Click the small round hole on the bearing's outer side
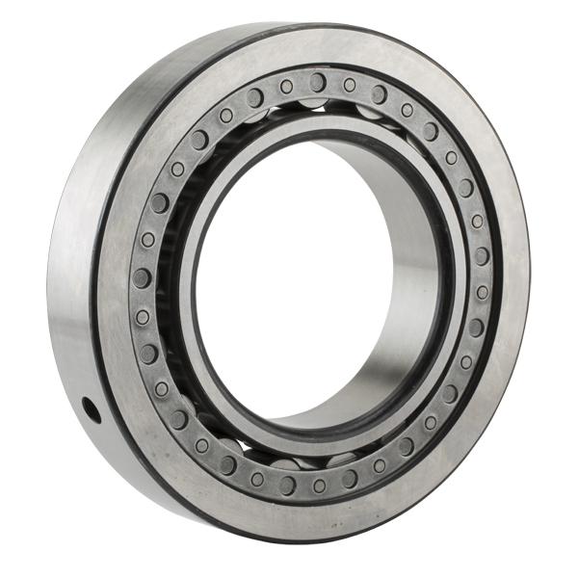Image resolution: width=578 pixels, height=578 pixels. [92, 410]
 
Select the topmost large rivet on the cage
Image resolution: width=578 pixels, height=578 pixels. [318, 81]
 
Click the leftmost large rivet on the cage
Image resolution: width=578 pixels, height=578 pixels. [142, 278]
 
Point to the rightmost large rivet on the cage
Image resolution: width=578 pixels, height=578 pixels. [482, 256]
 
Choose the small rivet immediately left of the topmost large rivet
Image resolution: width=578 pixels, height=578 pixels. [286, 86]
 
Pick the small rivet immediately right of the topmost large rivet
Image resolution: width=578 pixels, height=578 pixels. [349, 86]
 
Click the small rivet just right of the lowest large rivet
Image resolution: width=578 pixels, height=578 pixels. [319, 486]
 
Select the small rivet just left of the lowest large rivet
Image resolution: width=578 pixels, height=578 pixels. [257, 479]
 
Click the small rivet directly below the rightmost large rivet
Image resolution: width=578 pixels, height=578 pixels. [481, 292]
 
